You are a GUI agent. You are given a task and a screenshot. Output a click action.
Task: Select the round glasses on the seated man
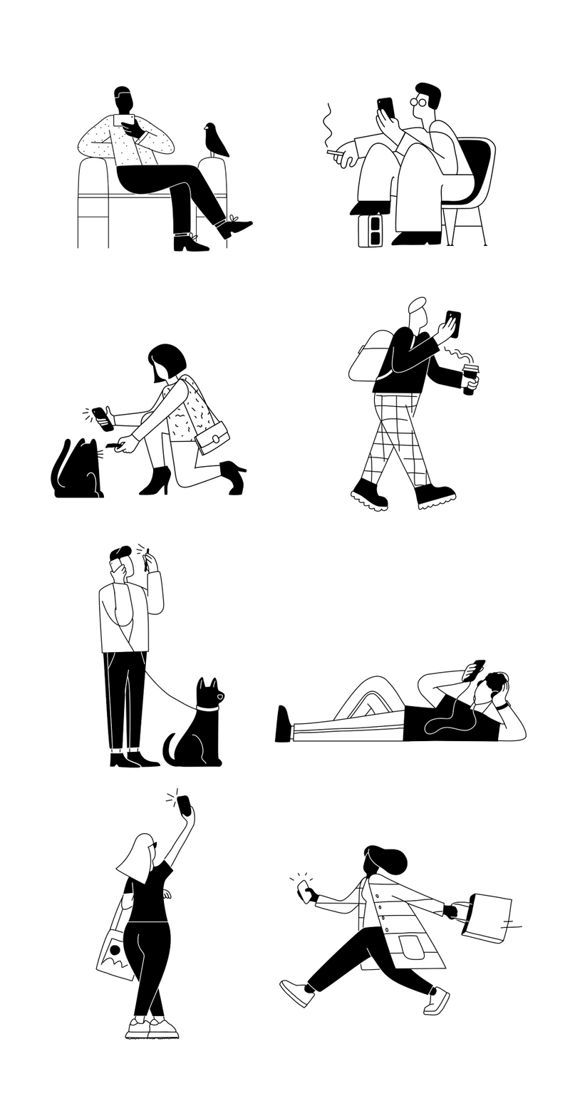tap(418, 102)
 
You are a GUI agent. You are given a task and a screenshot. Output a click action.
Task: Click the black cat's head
tap(87, 452)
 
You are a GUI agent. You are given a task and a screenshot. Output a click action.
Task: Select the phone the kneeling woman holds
tap(103, 418)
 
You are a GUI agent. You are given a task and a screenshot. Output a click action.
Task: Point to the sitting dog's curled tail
tap(170, 748)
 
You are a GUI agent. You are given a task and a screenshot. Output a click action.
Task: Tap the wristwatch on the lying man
tap(504, 705)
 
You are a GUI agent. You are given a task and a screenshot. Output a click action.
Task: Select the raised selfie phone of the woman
tap(184, 805)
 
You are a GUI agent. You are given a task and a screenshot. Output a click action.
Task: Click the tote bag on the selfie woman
tap(114, 951)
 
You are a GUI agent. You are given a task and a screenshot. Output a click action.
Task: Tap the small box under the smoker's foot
tap(370, 230)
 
